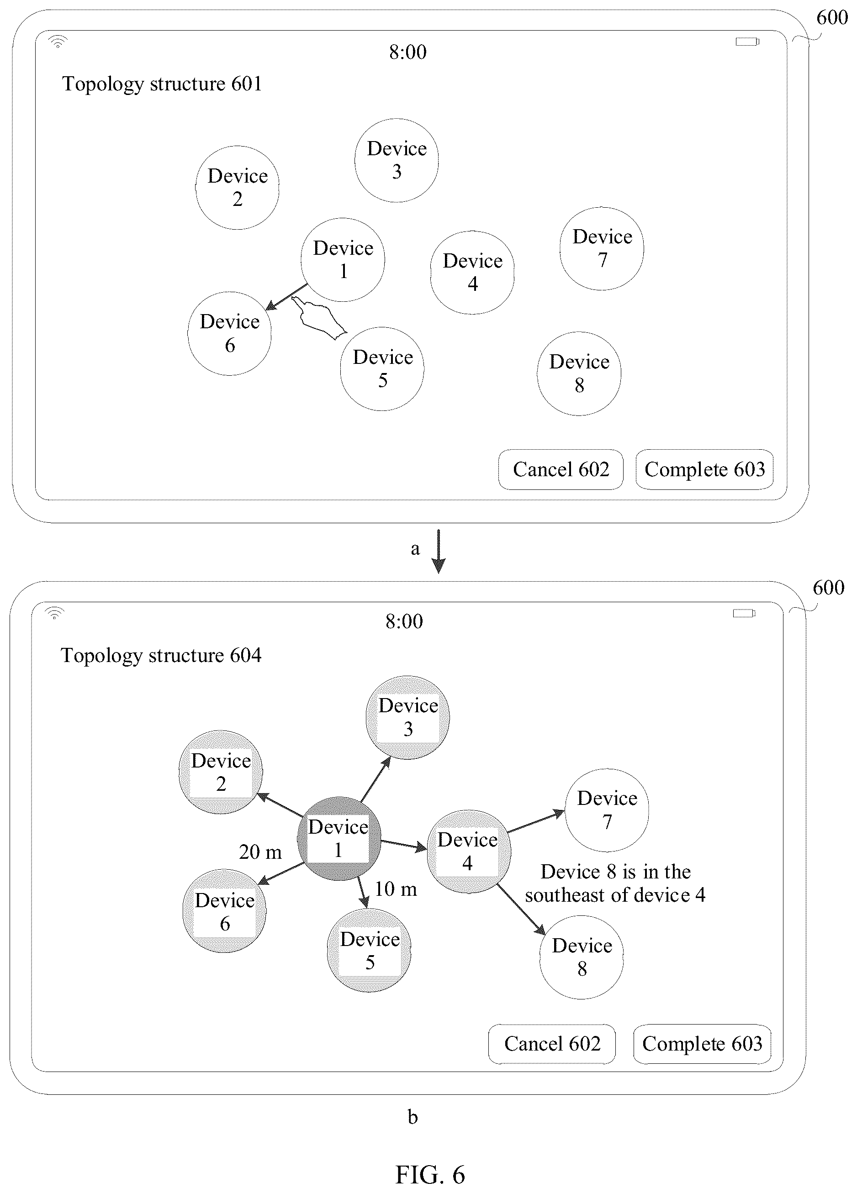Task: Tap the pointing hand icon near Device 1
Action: pos(319,318)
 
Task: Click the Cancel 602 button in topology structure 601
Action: pos(561,469)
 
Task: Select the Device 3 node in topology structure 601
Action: pos(397,160)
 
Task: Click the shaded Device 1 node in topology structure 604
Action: pos(339,838)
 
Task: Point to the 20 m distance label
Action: pos(260,851)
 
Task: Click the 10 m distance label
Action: pos(395,889)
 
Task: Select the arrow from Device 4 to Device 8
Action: pos(521,909)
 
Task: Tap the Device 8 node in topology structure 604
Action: pos(582,957)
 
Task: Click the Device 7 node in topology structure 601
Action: pos(602,248)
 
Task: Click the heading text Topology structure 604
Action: pos(161,656)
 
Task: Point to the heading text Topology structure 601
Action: pos(162,84)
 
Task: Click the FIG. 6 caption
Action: pos(430,1174)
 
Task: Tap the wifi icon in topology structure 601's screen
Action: pos(58,42)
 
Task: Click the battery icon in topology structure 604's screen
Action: pos(744,613)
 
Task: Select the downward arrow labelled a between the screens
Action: pos(438,551)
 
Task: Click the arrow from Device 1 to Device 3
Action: pos(376,779)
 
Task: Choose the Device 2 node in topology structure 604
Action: pos(221,772)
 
